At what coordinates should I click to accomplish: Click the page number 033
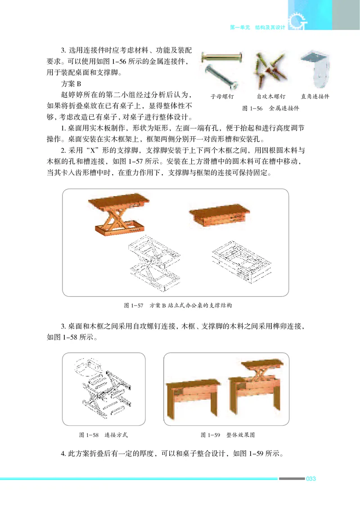tap(311, 478)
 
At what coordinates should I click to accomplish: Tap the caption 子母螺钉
tap(223, 96)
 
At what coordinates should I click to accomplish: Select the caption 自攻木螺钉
tap(269, 96)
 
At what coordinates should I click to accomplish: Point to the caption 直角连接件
tap(315, 96)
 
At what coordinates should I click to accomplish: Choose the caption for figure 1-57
tap(178, 306)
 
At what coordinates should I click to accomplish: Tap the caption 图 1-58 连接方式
tap(103, 435)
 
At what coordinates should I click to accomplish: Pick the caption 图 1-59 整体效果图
tap(228, 435)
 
